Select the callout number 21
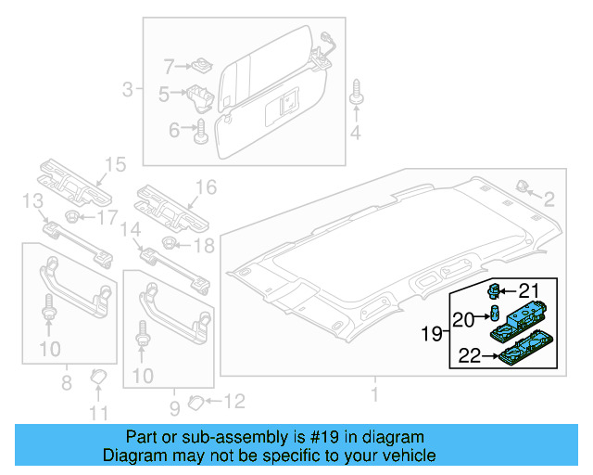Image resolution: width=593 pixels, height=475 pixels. [528, 289]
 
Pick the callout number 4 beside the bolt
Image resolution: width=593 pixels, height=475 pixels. [355, 136]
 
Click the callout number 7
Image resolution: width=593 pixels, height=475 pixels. [169, 66]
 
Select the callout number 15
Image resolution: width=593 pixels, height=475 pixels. [113, 165]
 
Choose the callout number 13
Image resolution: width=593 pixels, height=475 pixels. [32, 201]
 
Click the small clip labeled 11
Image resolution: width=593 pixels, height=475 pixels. [97, 377]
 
